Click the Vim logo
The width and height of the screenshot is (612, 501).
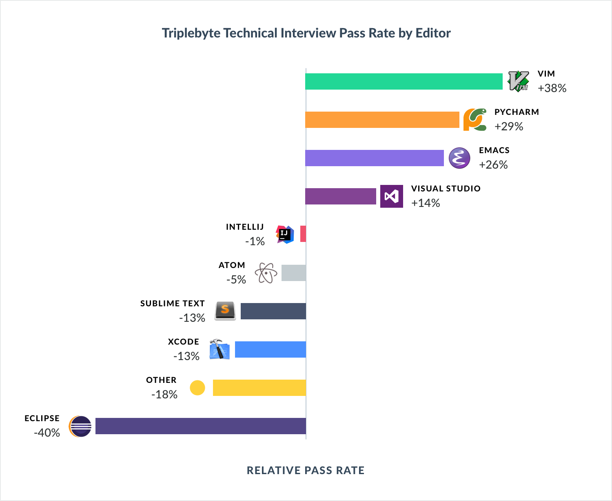(x=518, y=81)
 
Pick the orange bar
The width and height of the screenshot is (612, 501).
(x=384, y=120)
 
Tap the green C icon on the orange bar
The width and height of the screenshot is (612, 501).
(x=478, y=119)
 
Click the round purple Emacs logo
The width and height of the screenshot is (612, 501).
(x=459, y=158)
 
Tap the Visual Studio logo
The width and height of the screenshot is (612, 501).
(x=391, y=196)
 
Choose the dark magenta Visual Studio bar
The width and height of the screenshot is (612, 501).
(x=343, y=196)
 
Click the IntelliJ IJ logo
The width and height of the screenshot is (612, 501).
(x=285, y=235)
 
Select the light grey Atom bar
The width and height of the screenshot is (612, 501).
(x=293, y=273)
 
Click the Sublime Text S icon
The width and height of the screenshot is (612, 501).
(x=225, y=310)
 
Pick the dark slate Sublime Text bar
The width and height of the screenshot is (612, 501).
(x=273, y=311)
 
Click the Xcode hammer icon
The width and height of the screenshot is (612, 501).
(x=219, y=349)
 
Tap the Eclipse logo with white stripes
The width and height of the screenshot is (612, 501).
(x=83, y=426)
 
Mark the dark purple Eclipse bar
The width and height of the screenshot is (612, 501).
(x=200, y=426)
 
